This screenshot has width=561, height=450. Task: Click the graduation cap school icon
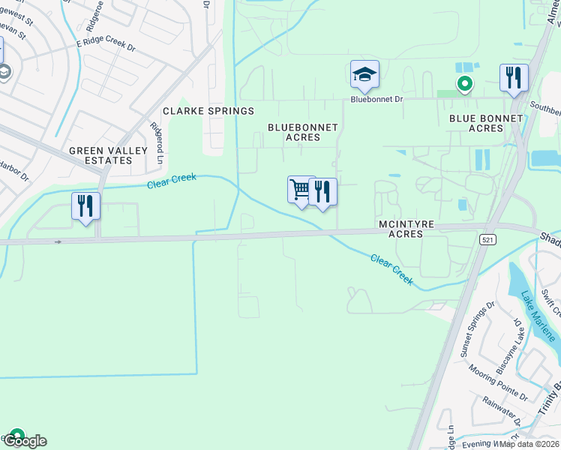point(364,74)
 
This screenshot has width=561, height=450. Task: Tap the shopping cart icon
point(301,190)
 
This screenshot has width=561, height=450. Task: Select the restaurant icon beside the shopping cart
point(322,191)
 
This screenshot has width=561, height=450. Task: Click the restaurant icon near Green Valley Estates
point(85,205)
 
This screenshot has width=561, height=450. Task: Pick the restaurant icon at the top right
point(514,78)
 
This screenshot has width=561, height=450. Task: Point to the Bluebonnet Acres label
point(304,133)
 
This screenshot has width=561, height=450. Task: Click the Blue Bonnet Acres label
point(486,124)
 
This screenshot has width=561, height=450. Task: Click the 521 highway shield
point(486,238)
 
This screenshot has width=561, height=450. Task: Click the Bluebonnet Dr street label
point(377,99)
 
